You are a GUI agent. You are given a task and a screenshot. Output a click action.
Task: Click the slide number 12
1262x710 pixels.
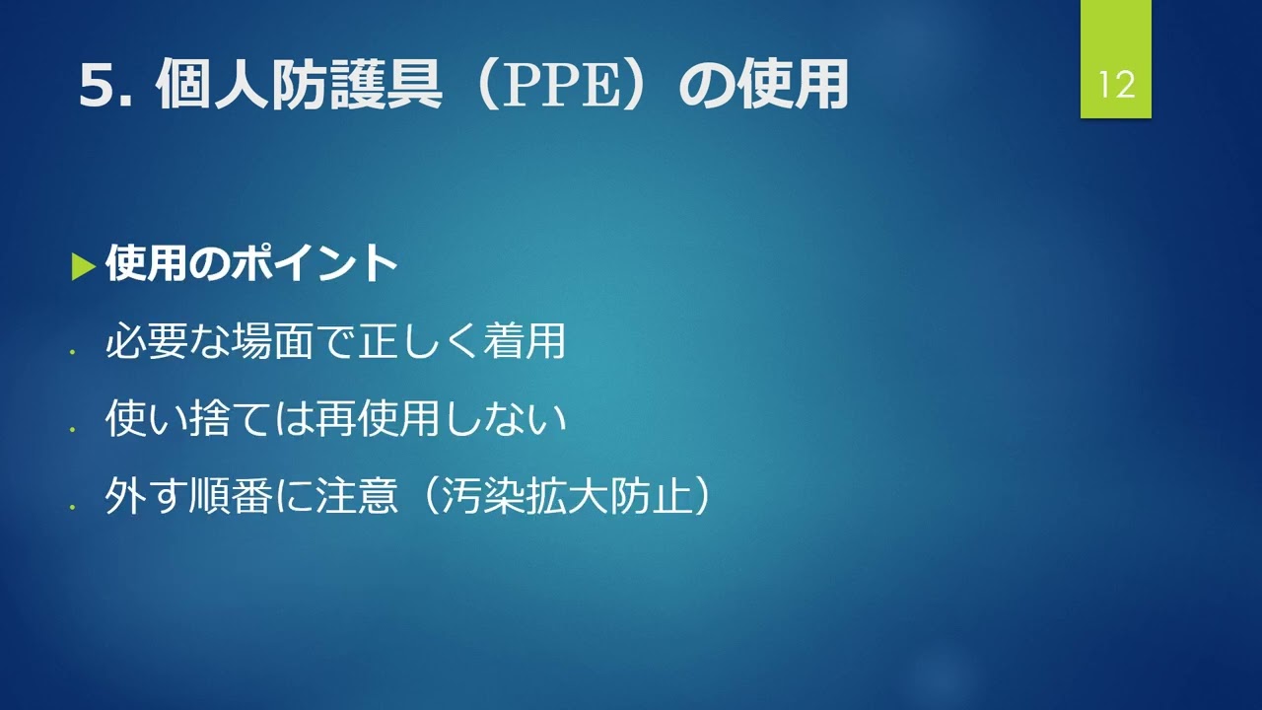pos(1116,85)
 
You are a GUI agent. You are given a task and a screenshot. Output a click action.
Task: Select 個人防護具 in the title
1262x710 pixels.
pos(299,85)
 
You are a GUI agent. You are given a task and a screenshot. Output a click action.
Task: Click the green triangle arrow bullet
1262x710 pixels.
pos(84,267)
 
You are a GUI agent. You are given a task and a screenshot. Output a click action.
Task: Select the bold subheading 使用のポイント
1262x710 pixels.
pos(251,263)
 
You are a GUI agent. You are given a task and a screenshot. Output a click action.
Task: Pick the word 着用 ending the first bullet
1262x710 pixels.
pos(525,341)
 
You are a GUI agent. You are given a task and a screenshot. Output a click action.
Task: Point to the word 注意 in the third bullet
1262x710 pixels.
pos(356,496)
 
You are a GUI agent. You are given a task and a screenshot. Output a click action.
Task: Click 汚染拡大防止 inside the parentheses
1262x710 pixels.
pos(566,496)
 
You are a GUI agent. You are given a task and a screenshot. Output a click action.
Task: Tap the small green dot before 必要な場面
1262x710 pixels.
pos(72,352)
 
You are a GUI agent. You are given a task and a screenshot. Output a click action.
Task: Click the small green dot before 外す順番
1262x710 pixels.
pos(72,507)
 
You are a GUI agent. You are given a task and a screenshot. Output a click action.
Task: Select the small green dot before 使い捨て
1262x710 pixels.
pos(72,429)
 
